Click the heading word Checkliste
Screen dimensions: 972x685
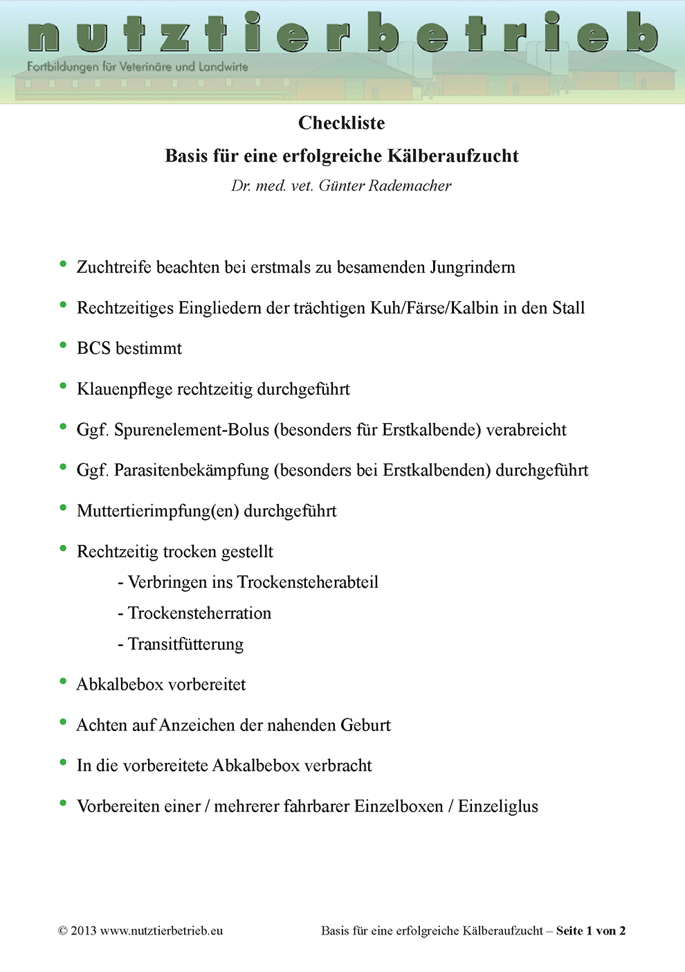[x=341, y=123]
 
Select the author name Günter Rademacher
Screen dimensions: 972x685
[x=385, y=186]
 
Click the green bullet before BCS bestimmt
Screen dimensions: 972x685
[x=63, y=345]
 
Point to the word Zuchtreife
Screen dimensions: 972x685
[x=114, y=267]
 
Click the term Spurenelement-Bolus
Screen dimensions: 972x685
[x=191, y=430]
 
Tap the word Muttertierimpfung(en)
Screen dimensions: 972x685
[x=158, y=511]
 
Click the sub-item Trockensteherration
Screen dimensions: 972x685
[x=199, y=613]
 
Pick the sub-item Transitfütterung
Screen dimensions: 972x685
[x=185, y=644]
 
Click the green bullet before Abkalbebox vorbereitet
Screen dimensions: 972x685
[x=63, y=681]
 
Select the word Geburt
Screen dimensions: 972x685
[x=365, y=725]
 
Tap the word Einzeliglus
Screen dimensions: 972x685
[x=497, y=807]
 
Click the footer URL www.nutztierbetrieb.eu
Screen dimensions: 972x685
[x=161, y=931]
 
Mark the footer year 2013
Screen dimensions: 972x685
[x=83, y=931]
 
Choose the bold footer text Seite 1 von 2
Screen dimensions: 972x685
[x=590, y=931]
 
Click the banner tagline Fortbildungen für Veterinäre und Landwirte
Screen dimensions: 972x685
[x=137, y=67]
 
